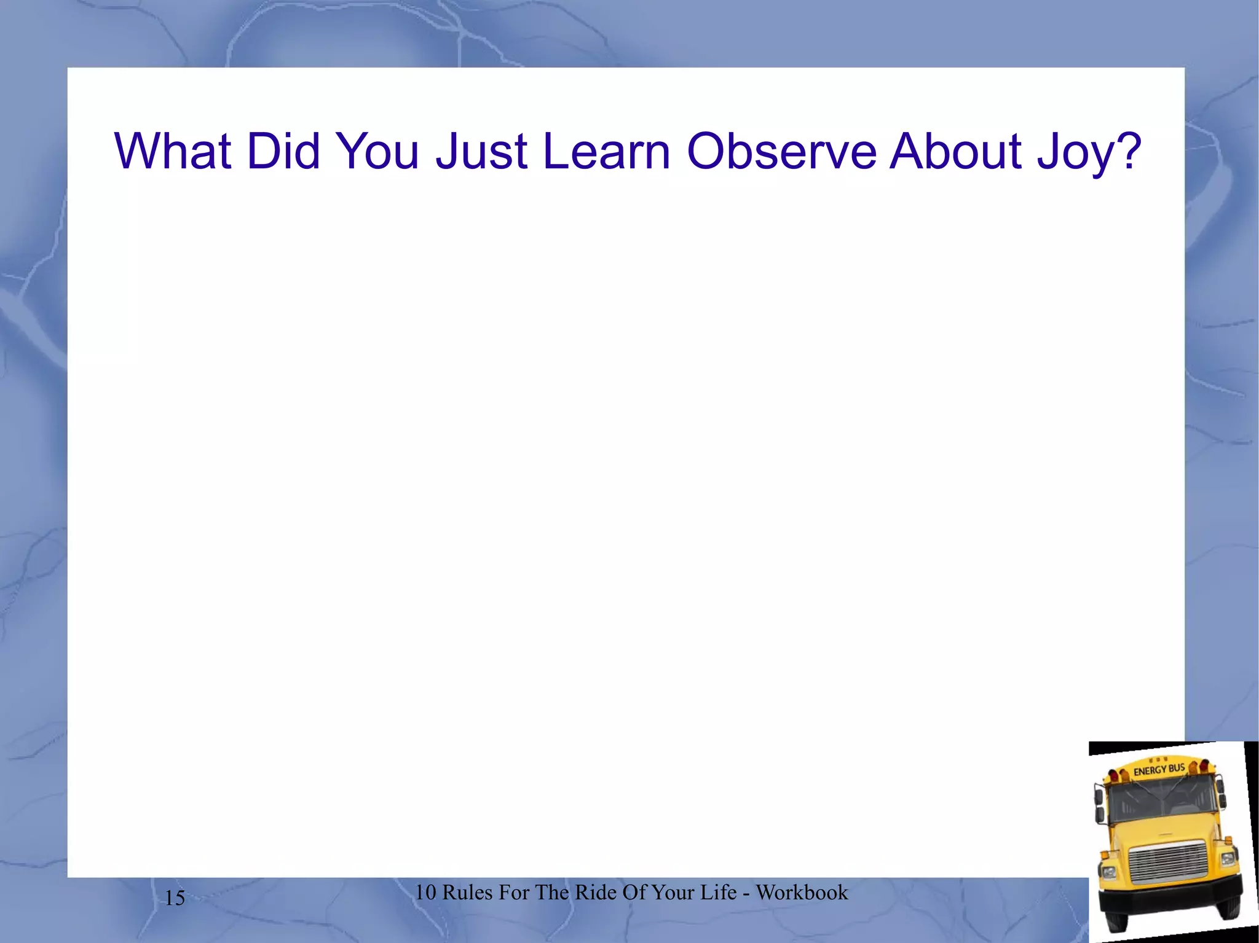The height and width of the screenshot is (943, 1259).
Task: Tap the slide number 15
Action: [x=175, y=898]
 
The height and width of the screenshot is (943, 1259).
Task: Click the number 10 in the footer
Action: [x=425, y=893]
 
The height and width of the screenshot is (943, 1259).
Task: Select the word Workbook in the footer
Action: [x=802, y=893]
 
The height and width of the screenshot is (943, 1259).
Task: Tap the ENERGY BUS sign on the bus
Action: [x=1159, y=769]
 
